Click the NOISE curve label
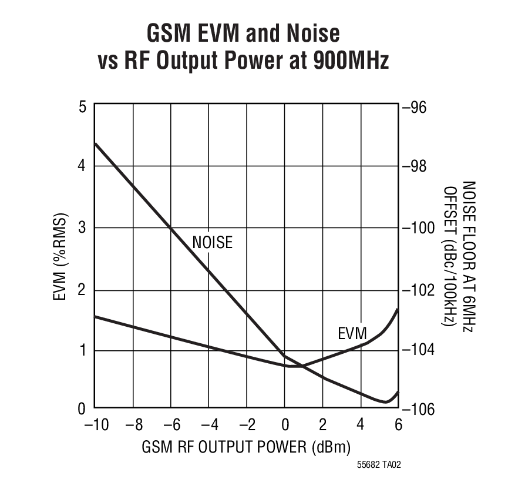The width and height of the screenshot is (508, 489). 212,242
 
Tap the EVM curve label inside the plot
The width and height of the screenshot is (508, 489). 352,334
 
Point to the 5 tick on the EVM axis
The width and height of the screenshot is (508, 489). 82,107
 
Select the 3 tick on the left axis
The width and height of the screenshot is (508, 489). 82,228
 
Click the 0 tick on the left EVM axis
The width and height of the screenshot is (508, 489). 82,408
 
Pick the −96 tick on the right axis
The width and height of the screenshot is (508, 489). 418,107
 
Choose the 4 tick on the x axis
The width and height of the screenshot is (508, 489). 361,425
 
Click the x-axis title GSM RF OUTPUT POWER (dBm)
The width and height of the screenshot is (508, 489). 246,447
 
